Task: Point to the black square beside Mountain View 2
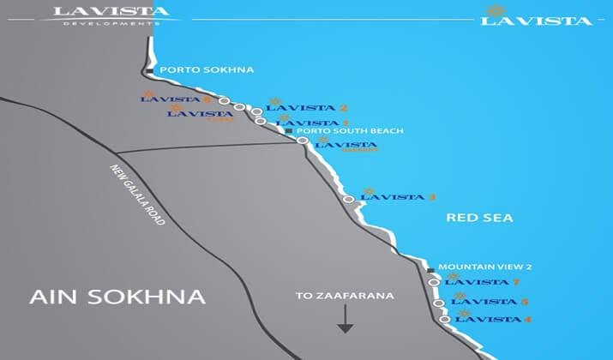pyautogui.click(x=430, y=269)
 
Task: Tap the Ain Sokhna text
pyautogui.click(x=117, y=297)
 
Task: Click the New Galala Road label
pyautogui.click(x=137, y=196)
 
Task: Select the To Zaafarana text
pyautogui.click(x=345, y=296)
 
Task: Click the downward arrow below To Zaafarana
pyautogui.click(x=345, y=320)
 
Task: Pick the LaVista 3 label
pyautogui.click(x=399, y=197)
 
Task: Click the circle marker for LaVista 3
pyautogui.click(x=348, y=199)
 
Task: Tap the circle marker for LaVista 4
pyautogui.click(x=446, y=320)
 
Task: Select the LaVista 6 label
pyautogui.click(x=176, y=99)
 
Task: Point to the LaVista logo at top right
pyautogui.click(x=537, y=17)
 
